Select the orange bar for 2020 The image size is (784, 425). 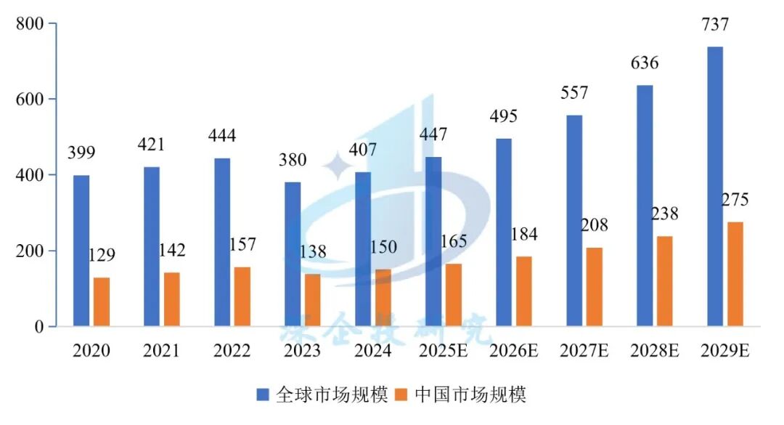point(102,301)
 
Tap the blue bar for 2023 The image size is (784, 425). point(293,254)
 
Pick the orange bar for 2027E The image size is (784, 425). point(595,286)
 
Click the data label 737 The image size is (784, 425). point(715,25)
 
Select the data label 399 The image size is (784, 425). point(82,153)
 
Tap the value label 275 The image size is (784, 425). point(734,201)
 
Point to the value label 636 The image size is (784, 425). point(645,63)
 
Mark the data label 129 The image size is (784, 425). point(102,255)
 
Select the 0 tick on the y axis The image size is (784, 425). point(41,327)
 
